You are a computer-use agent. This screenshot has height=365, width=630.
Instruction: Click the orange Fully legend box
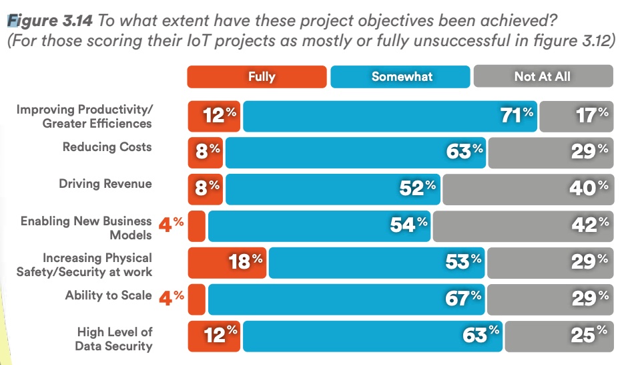(257, 76)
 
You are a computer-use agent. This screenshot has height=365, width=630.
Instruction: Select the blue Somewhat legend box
(402, 76)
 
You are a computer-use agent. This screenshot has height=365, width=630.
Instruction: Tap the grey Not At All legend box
(543, 76)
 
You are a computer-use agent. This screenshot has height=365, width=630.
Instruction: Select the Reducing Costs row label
(107, 147)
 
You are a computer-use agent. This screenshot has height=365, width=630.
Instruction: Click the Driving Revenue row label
(105, 184)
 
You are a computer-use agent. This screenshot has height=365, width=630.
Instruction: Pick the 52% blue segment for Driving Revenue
(334, 189)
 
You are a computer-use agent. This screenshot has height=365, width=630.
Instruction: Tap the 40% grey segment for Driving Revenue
(527, 189)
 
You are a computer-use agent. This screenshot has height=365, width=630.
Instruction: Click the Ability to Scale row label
(108, 295)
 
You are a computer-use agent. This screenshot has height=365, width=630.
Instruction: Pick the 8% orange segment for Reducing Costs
(206, 152)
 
